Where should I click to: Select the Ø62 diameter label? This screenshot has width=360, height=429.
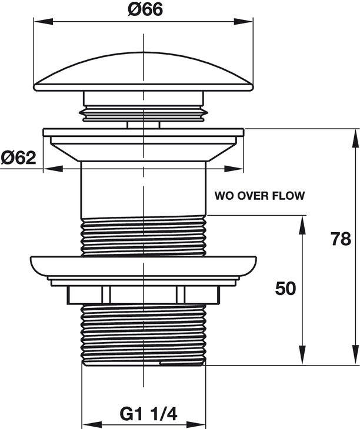pyautogui.click(x=19, y=157)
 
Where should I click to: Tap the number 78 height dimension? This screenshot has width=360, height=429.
pyautogui.click(x=341, y=240)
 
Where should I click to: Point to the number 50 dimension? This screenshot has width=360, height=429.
pyautogui.click(x=285, y=289)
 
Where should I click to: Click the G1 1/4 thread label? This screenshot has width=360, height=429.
pyautogui.click(x=148, y=414)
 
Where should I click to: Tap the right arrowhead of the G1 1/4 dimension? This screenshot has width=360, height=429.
pyautogui.click(x=201, y=424)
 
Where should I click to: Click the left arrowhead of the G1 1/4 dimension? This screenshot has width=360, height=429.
pyautogui.click(x=86, y=424)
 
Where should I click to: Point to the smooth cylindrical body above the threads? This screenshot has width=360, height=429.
pyautogui.click(x=142, y=188)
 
